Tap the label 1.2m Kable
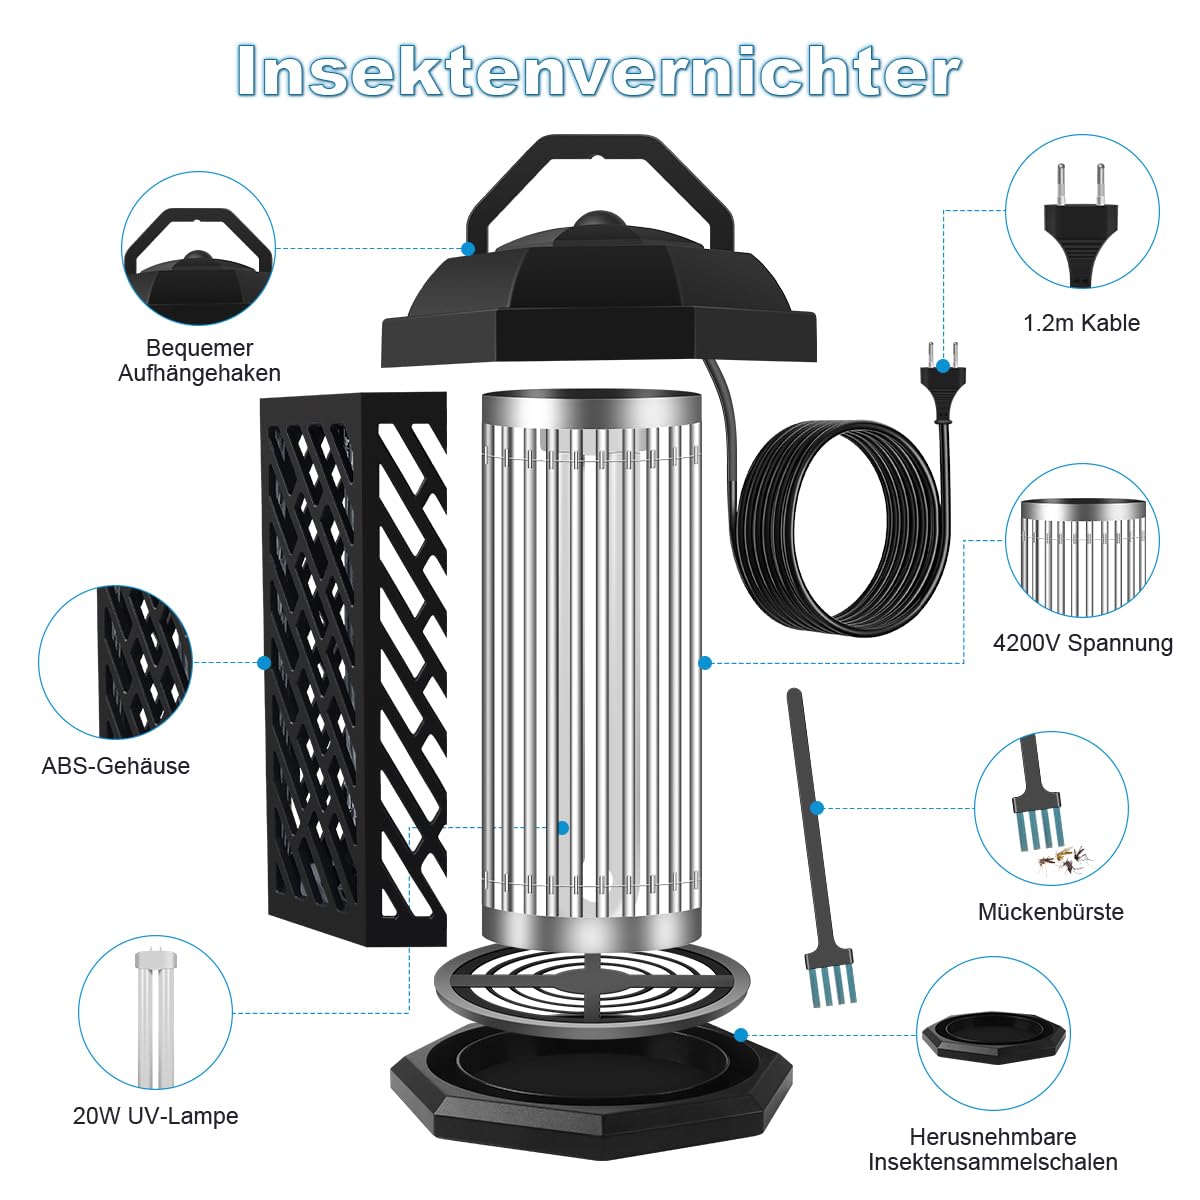click(1081, 323)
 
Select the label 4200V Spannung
click(1082, 643)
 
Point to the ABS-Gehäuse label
click(116, 766)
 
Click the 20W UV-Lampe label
click(156, 1116)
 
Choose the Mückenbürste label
click(1050, 912)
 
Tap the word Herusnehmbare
click(992, 1137)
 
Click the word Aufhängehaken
click(199, 373)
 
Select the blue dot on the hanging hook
click(468, 248)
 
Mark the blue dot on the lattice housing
click(264, 662)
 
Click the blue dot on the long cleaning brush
click(817, 808)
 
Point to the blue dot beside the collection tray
click(740, 1035)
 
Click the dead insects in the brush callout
click(1061, 860)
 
